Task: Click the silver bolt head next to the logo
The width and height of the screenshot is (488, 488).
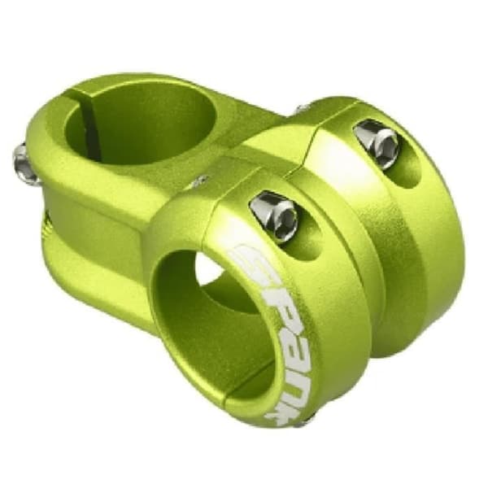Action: point(275,216)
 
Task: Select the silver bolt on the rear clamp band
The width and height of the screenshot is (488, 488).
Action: point(378,144)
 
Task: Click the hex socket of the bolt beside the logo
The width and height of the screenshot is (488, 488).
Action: point(287,220)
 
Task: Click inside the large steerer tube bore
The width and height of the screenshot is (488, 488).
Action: point(140,124)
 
